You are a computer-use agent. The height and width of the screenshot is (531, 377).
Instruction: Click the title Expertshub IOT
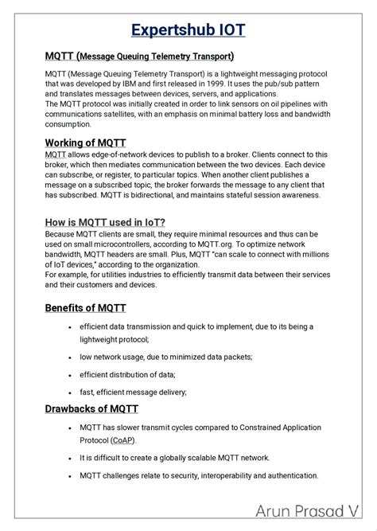pyautogui.click(x=188, y=30)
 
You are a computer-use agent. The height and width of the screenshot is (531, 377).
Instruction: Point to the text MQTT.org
pyautogui.click(x=228, y=245)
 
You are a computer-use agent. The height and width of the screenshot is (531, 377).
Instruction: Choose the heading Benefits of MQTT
pyautogui.click(x=85, y=307)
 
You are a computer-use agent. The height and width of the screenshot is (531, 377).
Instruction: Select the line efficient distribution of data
pyautogui.click(x=127, y=374)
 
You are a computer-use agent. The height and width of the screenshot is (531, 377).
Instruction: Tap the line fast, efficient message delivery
pyautogui.click(x=133, y=392)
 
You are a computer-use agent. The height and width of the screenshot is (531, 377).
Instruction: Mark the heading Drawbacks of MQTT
pyautogui.click(x=91, y=409)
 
